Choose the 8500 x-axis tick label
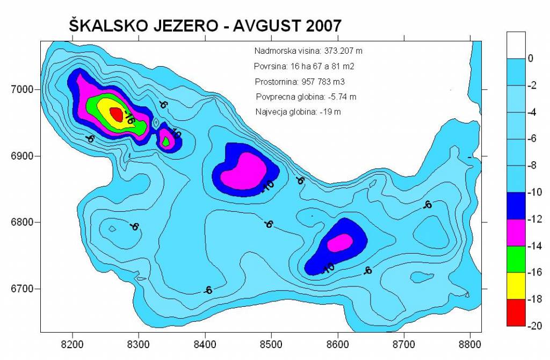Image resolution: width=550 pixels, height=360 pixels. pyautogui.click(x=271, y=343)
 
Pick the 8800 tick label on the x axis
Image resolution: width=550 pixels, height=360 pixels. pyautogui.click(x=471, y=343)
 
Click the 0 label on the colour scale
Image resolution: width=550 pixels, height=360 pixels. pyautogui.click(x=531, y=58)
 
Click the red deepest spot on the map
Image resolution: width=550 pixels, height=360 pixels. pyautogui.click(x=116, y=113)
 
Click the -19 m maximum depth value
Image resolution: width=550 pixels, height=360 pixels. pyautogui.click(x=330, y=112)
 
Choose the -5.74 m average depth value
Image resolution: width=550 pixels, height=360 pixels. pyautogui.click(x=343, y=97)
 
